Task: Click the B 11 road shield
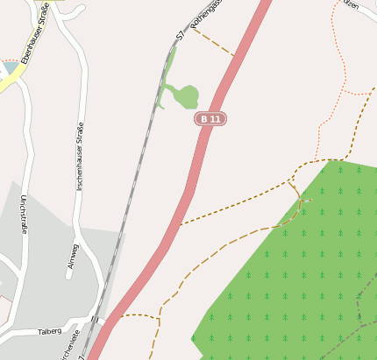[210, 118]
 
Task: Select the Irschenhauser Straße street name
[81, 157]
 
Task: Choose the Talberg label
[50, 332]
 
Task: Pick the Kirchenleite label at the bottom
[69, 347]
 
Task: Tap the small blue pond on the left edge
[10, 67]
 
